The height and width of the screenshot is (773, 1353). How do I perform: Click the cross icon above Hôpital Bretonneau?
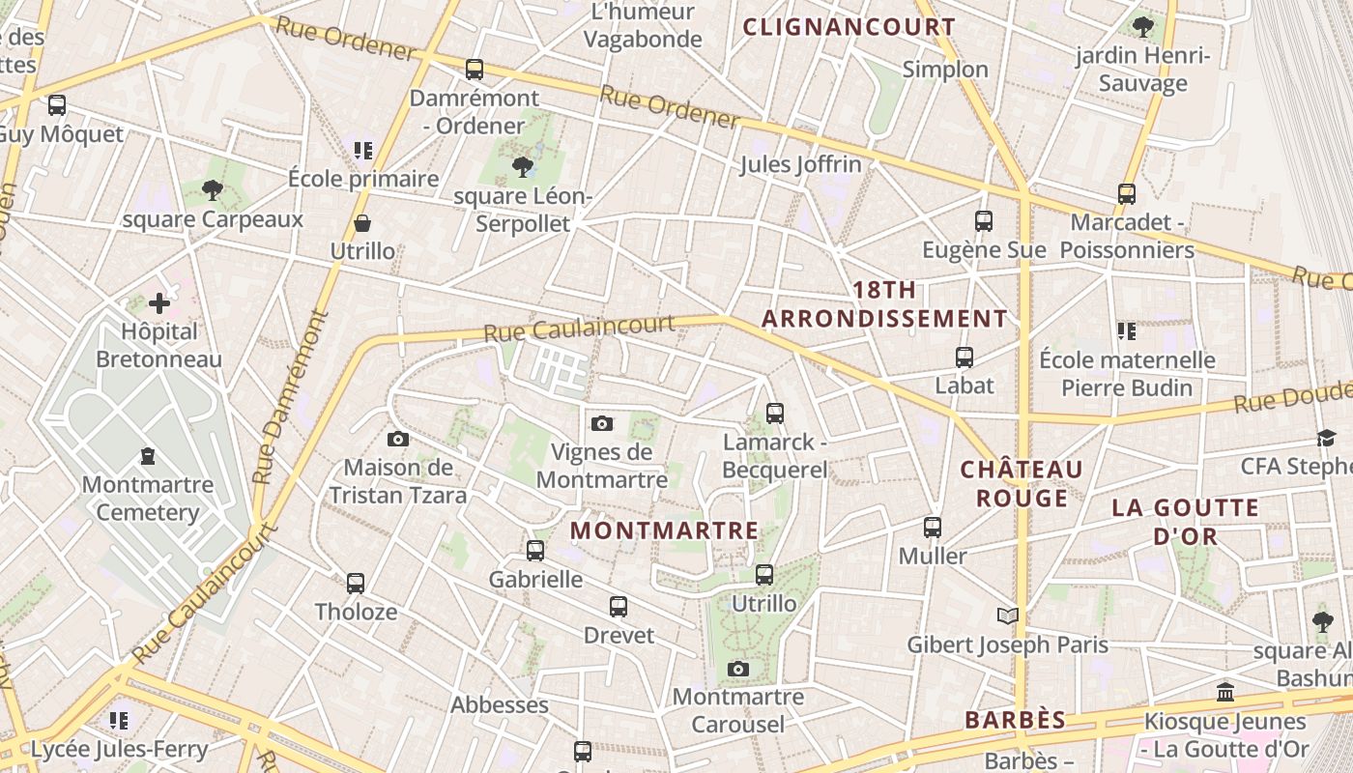pos(159,303)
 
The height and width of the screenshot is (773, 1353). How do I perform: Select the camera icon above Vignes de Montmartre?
pos(602,423)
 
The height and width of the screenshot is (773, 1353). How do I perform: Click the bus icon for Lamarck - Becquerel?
pos(775,414)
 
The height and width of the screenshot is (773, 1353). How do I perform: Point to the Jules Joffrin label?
pos(800,165)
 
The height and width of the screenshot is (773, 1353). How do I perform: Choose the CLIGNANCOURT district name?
pos(849,27)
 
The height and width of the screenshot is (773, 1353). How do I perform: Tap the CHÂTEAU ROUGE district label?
pos(1022,484)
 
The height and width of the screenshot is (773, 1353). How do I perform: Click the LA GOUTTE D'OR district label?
pos(1185,522)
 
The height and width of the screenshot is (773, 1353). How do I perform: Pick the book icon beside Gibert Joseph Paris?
pos(1007,616)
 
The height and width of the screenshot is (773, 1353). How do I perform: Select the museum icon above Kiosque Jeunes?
pos(1225,692)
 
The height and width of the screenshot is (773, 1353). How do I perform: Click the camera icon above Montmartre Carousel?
pos(738,669)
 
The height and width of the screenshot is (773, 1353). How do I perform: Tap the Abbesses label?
pos(500,705)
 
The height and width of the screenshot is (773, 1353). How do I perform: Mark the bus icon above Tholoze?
pos(356,584)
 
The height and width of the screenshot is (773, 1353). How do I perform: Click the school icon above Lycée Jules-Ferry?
pos(119,720)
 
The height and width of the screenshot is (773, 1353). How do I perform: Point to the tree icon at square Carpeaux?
pos(213,190)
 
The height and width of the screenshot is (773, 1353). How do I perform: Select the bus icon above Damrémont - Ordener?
pos(474,70)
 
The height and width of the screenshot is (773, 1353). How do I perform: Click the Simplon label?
pos(945,70)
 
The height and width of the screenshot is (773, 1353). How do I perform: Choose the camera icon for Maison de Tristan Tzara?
pos(397,440)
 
